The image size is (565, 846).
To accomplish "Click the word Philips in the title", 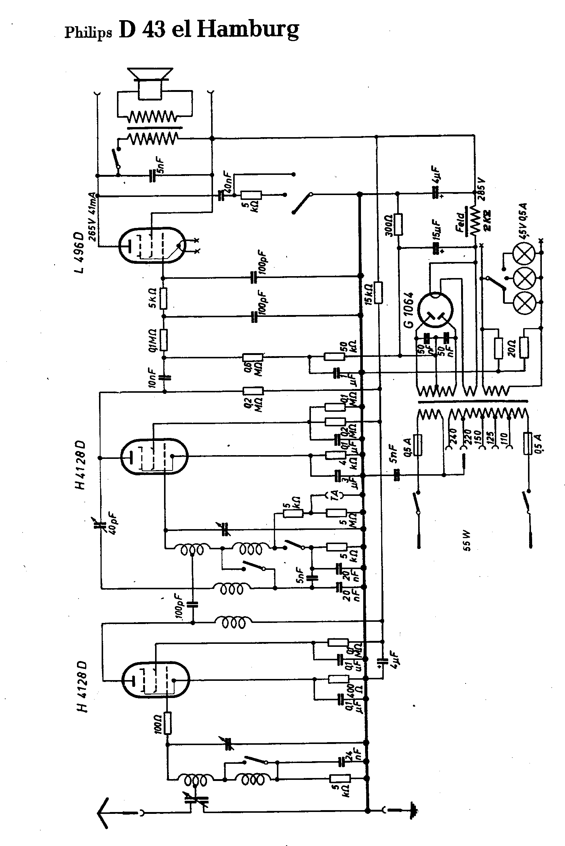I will (x=88, y=33).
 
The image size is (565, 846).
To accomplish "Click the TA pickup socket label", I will (x=334, y=495).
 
